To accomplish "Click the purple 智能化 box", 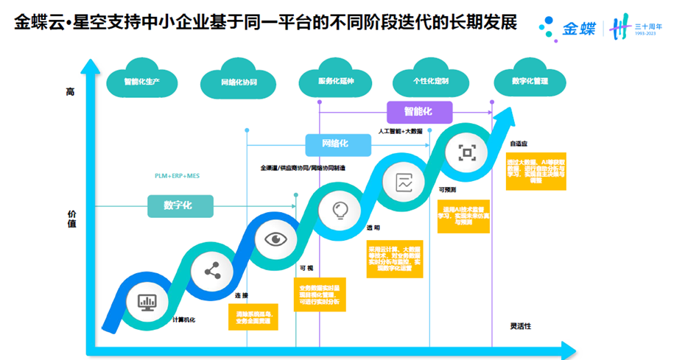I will [x=418, y=112].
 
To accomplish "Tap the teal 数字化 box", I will [x=180, y=205].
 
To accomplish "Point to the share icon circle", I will [x=212, y=272].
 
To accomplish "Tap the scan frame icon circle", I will [x=467, y=152].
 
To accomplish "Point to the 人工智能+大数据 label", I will [x=401, y=131].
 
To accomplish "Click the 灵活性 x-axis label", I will [x=520, y=325].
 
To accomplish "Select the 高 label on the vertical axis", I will [x=71, y=92].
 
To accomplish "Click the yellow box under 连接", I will [x=253, y=315].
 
